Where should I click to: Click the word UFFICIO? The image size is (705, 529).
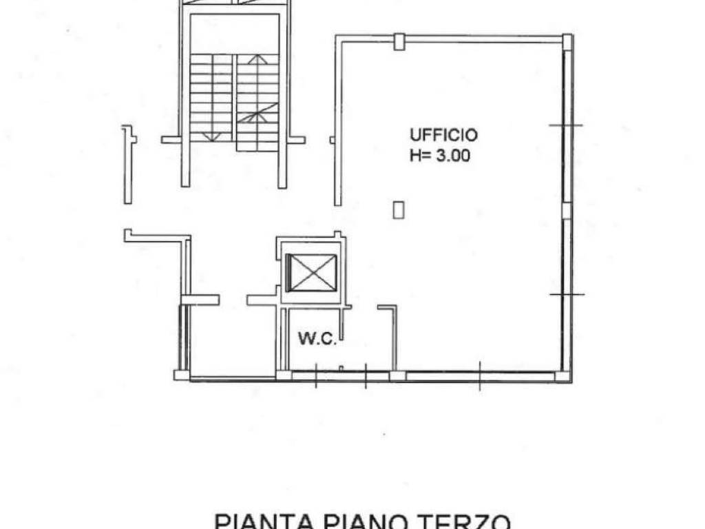coord(443,134)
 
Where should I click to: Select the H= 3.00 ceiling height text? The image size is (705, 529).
coord(440,156)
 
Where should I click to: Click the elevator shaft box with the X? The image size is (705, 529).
coord(311,273)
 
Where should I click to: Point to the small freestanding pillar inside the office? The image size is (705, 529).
coord(398,209)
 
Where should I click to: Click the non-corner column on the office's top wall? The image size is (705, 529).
coord(399,41)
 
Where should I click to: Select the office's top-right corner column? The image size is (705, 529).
coord(567,42)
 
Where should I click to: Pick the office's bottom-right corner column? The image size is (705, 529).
coord(562,376)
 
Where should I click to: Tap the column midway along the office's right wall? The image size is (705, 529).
coord(566,210)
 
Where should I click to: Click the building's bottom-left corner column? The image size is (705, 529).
coord(181,375)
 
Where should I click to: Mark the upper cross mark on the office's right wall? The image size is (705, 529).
coord(566,125)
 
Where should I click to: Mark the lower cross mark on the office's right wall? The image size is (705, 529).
coord(567,294)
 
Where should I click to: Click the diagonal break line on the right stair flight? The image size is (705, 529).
coord(257,113)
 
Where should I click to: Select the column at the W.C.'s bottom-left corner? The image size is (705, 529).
coord(283,375)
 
